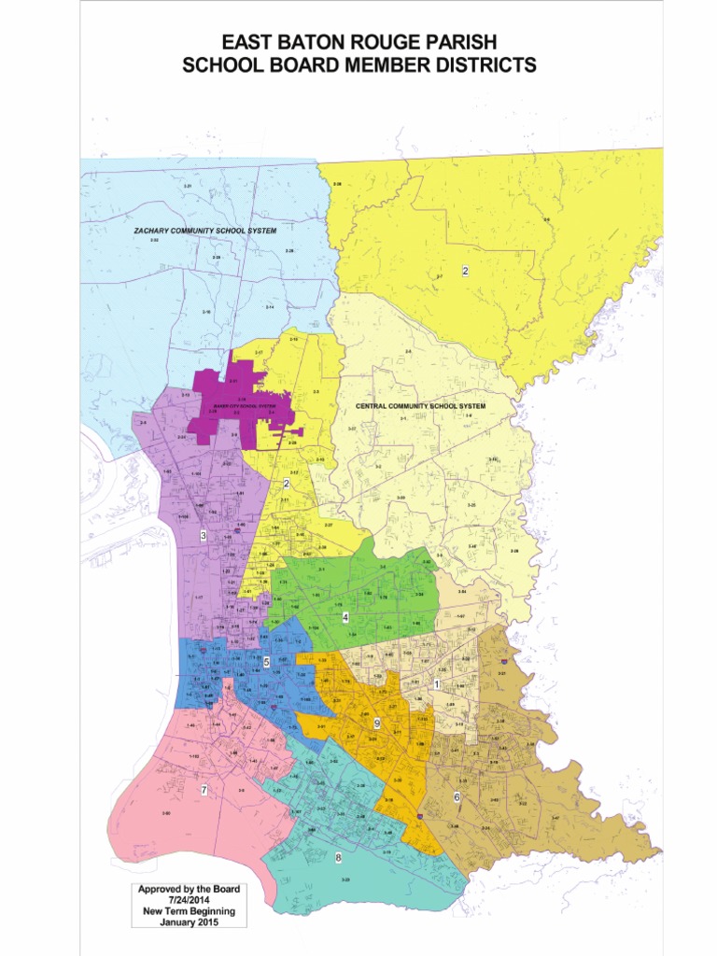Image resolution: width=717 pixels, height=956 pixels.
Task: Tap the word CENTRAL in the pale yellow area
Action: tap(377, 407)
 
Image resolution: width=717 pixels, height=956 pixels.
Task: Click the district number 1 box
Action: tap(437, 684)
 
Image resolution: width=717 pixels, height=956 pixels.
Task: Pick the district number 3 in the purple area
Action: tap(204, 535)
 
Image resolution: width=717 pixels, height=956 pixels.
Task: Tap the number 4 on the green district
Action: tap(345, 617)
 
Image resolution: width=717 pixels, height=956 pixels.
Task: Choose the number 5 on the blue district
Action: tap(267, 661)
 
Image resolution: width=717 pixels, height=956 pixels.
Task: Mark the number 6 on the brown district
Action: tap(457, 796)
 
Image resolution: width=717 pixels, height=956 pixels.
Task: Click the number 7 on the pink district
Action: tap(204, 790)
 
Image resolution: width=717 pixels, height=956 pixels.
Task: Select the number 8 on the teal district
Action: tap(338, 857)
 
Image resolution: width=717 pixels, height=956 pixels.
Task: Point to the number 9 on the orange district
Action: tap(376, 724)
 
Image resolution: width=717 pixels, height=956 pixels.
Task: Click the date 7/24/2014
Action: tap(189, 900)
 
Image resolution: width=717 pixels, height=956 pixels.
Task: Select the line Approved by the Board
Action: tap(189, 889)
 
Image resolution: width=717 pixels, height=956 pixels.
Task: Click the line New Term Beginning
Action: tap(189, 911)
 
